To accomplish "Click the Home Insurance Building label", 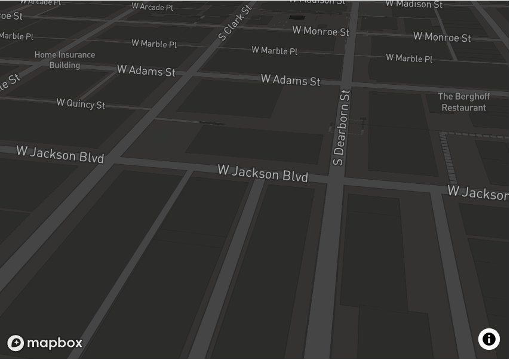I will (x=64, y=60).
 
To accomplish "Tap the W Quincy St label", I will (x=81, y=104).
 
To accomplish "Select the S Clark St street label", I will (x=235, y=23).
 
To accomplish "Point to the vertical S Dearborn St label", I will (x=341, y=127).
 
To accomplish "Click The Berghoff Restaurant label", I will (x=463, y=102).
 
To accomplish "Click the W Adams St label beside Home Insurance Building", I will (x=146, y=70).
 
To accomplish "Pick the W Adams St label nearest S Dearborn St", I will (x=290, y=79).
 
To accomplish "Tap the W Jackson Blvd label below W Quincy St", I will (x=60, y=154).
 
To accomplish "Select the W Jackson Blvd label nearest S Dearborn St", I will (x=262, y=173).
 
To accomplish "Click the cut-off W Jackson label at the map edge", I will (x=478, y=192).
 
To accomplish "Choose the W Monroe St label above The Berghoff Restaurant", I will (x=442, y=37).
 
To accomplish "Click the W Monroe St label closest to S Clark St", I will (x=320, y=31).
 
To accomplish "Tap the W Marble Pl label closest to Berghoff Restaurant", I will (x=409, y=58).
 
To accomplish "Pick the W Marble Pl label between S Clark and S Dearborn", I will (x=274, y=51).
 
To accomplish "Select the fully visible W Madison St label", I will (x=414, y=4).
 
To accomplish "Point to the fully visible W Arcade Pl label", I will (x=152, y=7).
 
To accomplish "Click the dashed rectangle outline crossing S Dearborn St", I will (x=347, y=127).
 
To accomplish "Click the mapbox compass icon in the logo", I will (x=16, y=343).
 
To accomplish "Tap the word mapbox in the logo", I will (x=54, y=343).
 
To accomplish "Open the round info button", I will (x=489, y=339).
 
